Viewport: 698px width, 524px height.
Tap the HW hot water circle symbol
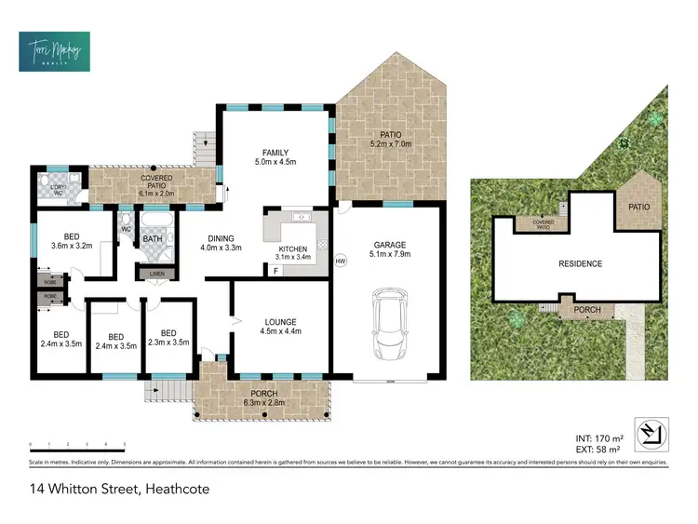pyautogui.click(x=341, y=261)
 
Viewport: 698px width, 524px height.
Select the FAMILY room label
pyautogui.click(x=275, y=153)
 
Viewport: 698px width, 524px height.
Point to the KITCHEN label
pyautogui.click(x=292, y=249)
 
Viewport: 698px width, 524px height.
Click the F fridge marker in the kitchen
pyautogui.click(x=275, y=271)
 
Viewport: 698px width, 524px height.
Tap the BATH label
pyautogui.click(x=153, y=240)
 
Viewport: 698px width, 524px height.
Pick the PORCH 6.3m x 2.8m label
pyautogui.click(x=263, y=398)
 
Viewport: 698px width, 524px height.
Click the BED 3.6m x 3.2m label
pyautogui.click(x=71, y=241)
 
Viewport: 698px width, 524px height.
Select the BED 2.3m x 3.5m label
pyautogui.click(x=168, y=337)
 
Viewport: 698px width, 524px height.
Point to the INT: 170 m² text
pyautogui.click(x=597, y=437)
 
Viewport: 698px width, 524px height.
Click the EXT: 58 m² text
pyautogui.click(x=597, y=449)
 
